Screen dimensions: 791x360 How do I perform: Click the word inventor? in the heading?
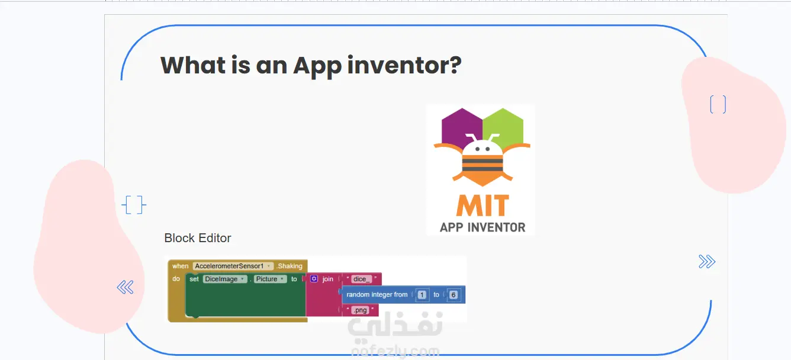coord(404,65)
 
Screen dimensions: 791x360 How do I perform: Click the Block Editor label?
coord(197,238)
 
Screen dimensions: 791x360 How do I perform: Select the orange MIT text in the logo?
coord(483,205)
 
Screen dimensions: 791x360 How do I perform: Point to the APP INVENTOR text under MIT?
coord(483,227)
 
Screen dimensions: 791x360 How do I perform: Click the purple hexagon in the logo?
coord(460,127)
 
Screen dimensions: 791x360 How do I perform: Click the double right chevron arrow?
coord(707,262)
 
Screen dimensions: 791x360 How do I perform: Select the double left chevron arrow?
coord(126,287)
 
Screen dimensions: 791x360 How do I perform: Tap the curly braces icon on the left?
coord(134,205)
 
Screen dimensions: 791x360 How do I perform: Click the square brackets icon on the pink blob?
coord(718,105)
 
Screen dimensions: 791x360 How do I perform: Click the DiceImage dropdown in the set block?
coord(225,279)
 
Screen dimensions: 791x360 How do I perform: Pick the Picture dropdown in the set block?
coord(270,279)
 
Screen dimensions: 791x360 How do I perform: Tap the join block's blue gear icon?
coord(314,279)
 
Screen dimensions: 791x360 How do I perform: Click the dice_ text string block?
coord(361,279)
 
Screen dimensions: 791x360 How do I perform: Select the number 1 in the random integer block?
coord(422,295)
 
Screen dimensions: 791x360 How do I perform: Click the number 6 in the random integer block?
coord(454,295)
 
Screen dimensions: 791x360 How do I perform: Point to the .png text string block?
coord(360,310)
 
